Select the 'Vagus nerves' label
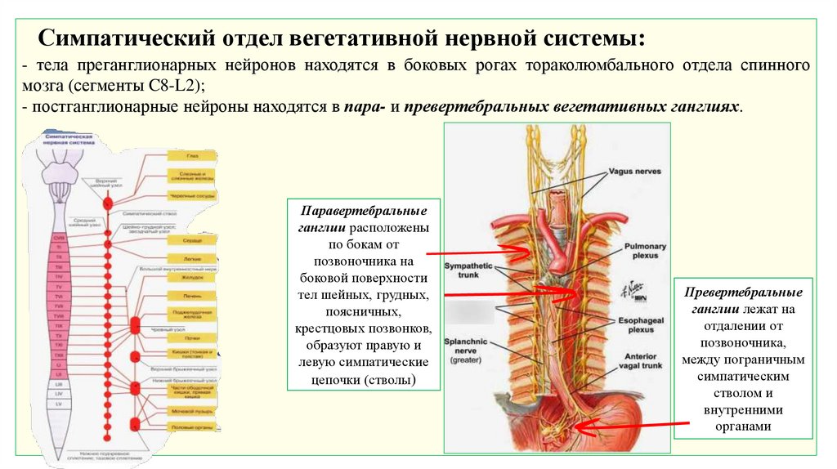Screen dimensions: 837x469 coord(634,172)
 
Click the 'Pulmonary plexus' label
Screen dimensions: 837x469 coord(645,252)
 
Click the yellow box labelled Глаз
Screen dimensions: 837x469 coord(191,154)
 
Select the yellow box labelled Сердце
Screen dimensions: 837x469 coord(191,241)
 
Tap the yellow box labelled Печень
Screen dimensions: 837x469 coord(191,294)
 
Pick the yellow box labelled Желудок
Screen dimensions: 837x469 coord(191,278)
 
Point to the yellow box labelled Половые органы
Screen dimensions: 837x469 coord(191,427)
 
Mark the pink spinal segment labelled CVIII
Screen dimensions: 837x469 coord(58,237)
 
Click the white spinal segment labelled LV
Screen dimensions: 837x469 coord(58,404)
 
